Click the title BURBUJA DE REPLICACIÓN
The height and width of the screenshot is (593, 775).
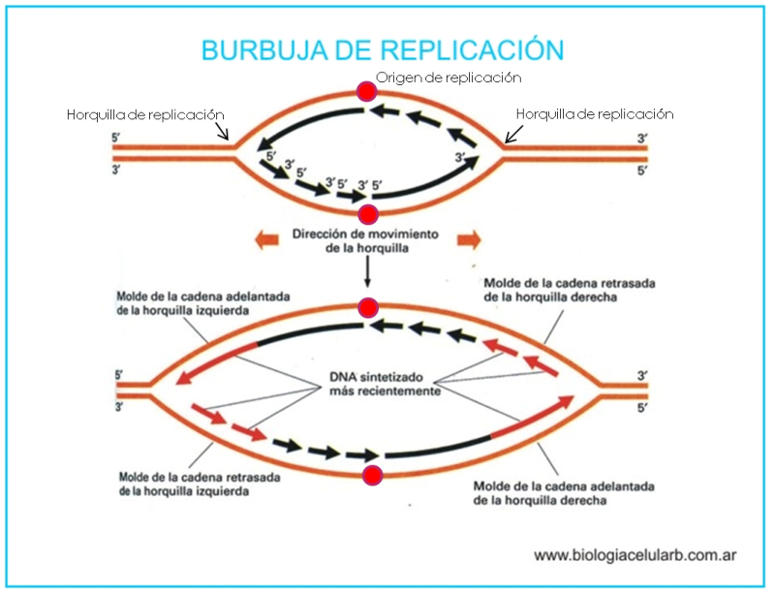pyautogui.click(x=382, y=49)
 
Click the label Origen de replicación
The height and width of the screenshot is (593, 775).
pyautogui.click(x=449, y=77)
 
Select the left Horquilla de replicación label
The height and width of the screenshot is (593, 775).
pyautogui.click(x=145, y=114)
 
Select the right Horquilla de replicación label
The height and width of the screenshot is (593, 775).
pyautogui.click(x=595, y=114)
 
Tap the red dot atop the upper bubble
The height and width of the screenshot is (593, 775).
pyautogui.click(x=366, y=92)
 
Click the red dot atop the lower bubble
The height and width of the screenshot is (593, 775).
pyautogui.click(x=366, y=308)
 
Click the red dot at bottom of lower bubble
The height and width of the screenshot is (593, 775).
pyautogui.click(x=371, y=475)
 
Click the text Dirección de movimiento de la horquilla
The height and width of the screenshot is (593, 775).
pyautogui.click(x=366, y=241)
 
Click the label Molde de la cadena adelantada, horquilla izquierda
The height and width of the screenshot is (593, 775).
pyautogui.click(x=188, y=304)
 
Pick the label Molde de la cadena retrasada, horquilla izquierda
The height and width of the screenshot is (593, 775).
pyautogui.click(x=192, y=484)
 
